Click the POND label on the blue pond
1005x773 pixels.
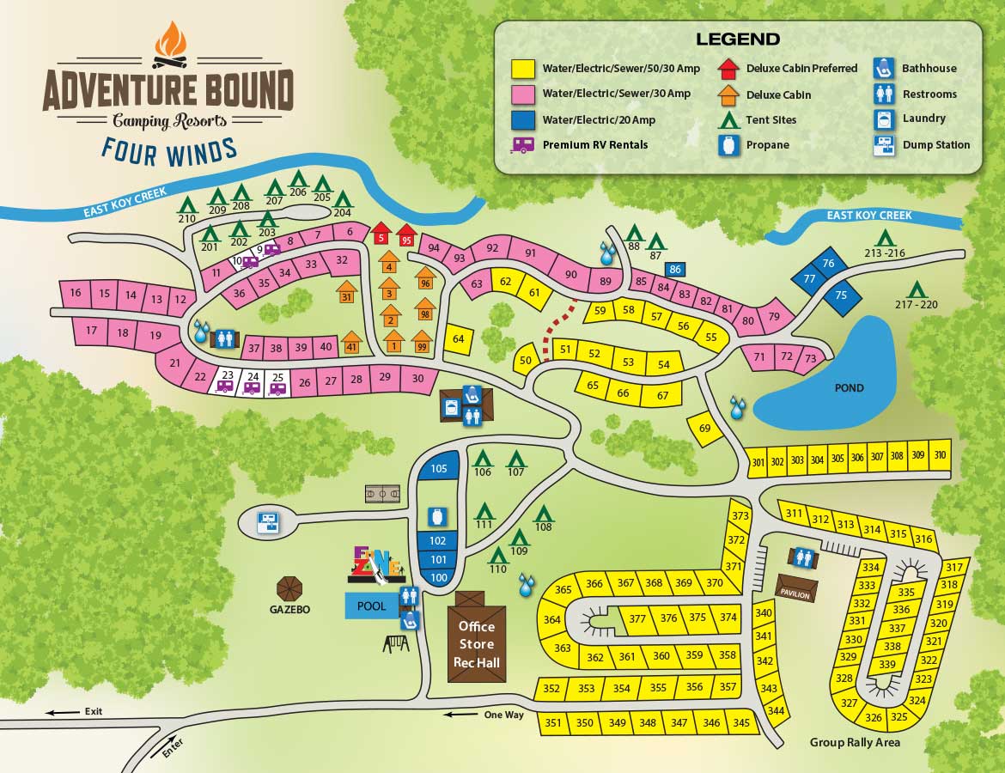(849, 388)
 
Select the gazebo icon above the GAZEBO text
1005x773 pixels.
(290, 588)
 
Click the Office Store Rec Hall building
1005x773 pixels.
(477, 640)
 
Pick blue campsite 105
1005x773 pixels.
(439, 468)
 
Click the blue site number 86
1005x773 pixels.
(675, 270)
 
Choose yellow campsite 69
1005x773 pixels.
(705, 428)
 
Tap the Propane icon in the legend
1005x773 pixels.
(728, 144)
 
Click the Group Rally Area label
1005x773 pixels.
(855, 742)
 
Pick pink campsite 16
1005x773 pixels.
(76, 294)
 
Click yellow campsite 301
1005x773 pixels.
(758, 462)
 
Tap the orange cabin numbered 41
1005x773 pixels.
(350, 344)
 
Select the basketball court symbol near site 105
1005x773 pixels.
(382, 494)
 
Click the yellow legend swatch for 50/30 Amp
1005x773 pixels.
(523, 69)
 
